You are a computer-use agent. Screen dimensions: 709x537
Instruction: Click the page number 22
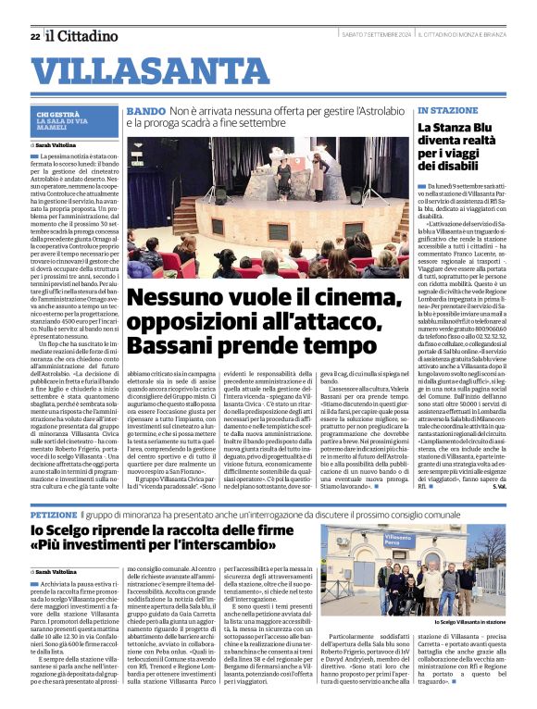point(34,37)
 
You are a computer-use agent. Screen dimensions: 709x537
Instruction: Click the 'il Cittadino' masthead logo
point(83,36)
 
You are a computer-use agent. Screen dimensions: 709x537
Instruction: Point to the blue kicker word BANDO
point(146,111)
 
